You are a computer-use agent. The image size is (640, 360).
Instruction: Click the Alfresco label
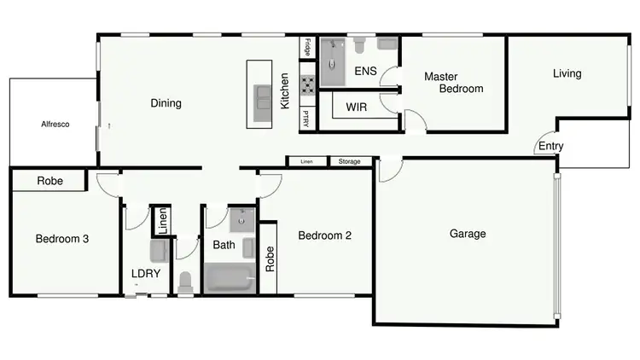55,125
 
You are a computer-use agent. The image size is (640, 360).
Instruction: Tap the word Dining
166,104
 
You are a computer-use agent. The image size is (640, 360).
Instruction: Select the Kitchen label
286,92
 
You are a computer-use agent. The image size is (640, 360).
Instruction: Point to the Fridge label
307,48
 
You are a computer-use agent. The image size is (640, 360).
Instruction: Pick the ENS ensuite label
365,71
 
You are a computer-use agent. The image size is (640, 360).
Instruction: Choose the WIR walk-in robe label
357,107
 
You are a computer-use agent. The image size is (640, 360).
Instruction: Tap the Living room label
567,73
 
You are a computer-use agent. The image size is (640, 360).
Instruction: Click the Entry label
550,146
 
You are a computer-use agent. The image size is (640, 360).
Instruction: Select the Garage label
468,234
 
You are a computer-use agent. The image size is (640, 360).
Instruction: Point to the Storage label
349,161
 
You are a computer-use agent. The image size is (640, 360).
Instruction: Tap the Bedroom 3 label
62,239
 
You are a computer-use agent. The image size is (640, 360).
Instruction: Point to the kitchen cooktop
307,84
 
